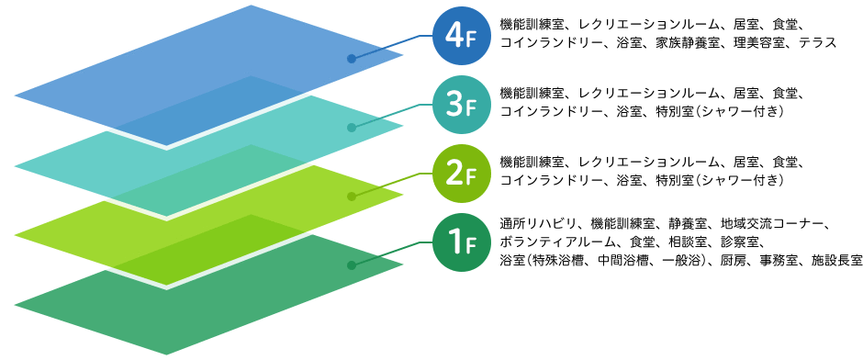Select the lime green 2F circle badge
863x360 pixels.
(456, 174)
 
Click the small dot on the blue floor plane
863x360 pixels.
(351, 60)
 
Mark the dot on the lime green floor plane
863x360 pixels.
(351, 196)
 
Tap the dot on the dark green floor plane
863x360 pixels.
(351, 264)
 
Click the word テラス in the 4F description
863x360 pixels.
(817, 43)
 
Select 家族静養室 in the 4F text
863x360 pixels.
(681, 43)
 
